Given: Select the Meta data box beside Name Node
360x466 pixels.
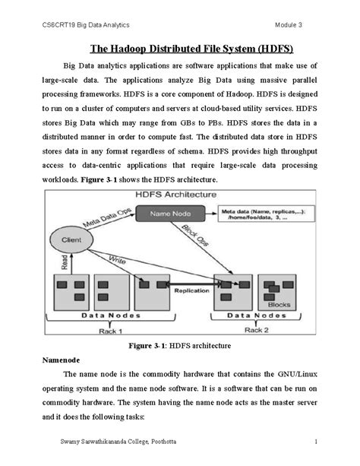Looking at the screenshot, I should [265, 214].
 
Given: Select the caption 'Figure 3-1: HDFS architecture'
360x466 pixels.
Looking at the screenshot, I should [181, 345].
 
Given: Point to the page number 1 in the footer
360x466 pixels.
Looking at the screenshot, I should [314, 442].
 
